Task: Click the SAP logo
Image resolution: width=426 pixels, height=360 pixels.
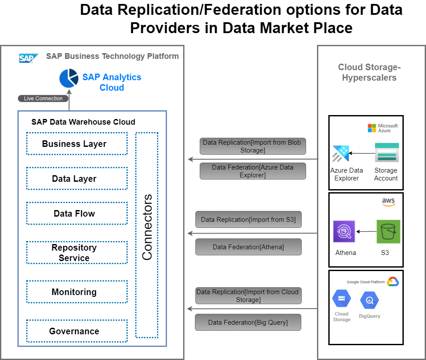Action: [x=29, y=58]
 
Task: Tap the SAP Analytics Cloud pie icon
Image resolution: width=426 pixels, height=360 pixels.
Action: [x=69, y=78]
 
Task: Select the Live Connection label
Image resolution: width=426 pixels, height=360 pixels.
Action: [x=43, y=98]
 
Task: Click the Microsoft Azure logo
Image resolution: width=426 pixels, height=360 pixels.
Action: [x=382, y=128]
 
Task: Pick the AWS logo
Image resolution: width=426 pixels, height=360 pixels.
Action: [x=388, y=203]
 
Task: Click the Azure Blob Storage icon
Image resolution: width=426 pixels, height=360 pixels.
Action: [x=387, y=153]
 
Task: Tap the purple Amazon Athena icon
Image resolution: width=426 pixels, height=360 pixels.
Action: [x=344, y=231]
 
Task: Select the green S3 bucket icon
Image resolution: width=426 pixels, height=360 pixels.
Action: [x=388, y=231]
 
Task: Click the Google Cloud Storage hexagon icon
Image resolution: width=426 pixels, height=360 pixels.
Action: [x=341, y=299]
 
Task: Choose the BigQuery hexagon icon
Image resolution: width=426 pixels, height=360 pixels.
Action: [x=369, y=300]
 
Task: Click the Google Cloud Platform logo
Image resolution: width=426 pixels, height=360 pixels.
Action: [x=392, y=282]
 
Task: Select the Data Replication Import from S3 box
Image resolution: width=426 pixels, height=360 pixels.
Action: [x=248, y=220]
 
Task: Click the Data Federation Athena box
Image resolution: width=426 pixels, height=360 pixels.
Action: [x=248, y=247]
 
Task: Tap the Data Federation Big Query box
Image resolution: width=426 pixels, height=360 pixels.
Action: [x=248, y=323]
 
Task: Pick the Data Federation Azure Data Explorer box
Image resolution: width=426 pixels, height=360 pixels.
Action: [x=252, y=171]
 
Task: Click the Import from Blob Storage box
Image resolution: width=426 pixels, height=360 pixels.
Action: [x=252, y=146]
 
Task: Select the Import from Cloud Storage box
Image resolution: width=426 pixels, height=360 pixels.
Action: [x=248, y=296]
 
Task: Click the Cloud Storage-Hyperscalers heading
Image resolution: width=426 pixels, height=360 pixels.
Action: [x=369, y=72]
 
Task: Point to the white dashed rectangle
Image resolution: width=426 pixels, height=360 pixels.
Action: [x=147, y=227]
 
